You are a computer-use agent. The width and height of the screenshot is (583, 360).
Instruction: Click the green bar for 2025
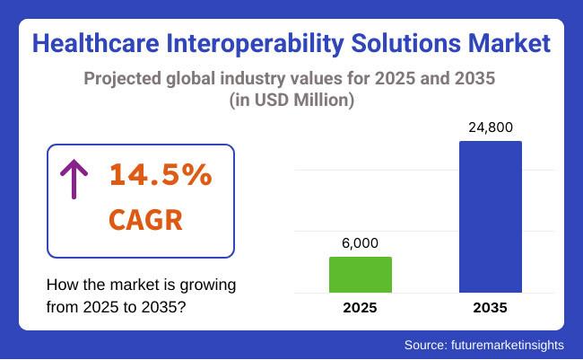pyautogui.click(x=361, y=275)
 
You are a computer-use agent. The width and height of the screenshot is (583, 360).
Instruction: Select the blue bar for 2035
pyautogui.click(x=490, y=216)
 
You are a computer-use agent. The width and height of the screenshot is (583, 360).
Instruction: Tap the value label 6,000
pyautogui.click(x=361, y=243)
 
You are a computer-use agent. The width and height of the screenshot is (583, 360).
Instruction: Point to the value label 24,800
pyautogui.click(x=490, y=127)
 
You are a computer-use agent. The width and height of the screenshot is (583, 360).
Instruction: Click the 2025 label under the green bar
pyautogui.click(x=361, y=308)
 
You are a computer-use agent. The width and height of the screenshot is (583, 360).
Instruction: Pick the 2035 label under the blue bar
pyautogui.click(x=490, y=308)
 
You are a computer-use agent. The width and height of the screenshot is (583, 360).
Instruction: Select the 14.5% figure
pyautogui.click(x=161, y=176)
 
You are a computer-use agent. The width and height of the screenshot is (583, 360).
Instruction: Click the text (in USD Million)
pyautogui.click(x=291, y=101)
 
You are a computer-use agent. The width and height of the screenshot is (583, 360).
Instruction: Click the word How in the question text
pyautogui.click(x=62, y=285)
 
